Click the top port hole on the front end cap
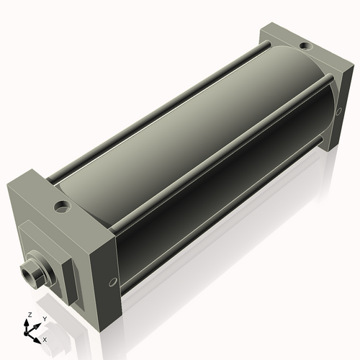[63, 207]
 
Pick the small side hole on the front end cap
[112, 282]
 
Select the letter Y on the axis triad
[45, 318]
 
